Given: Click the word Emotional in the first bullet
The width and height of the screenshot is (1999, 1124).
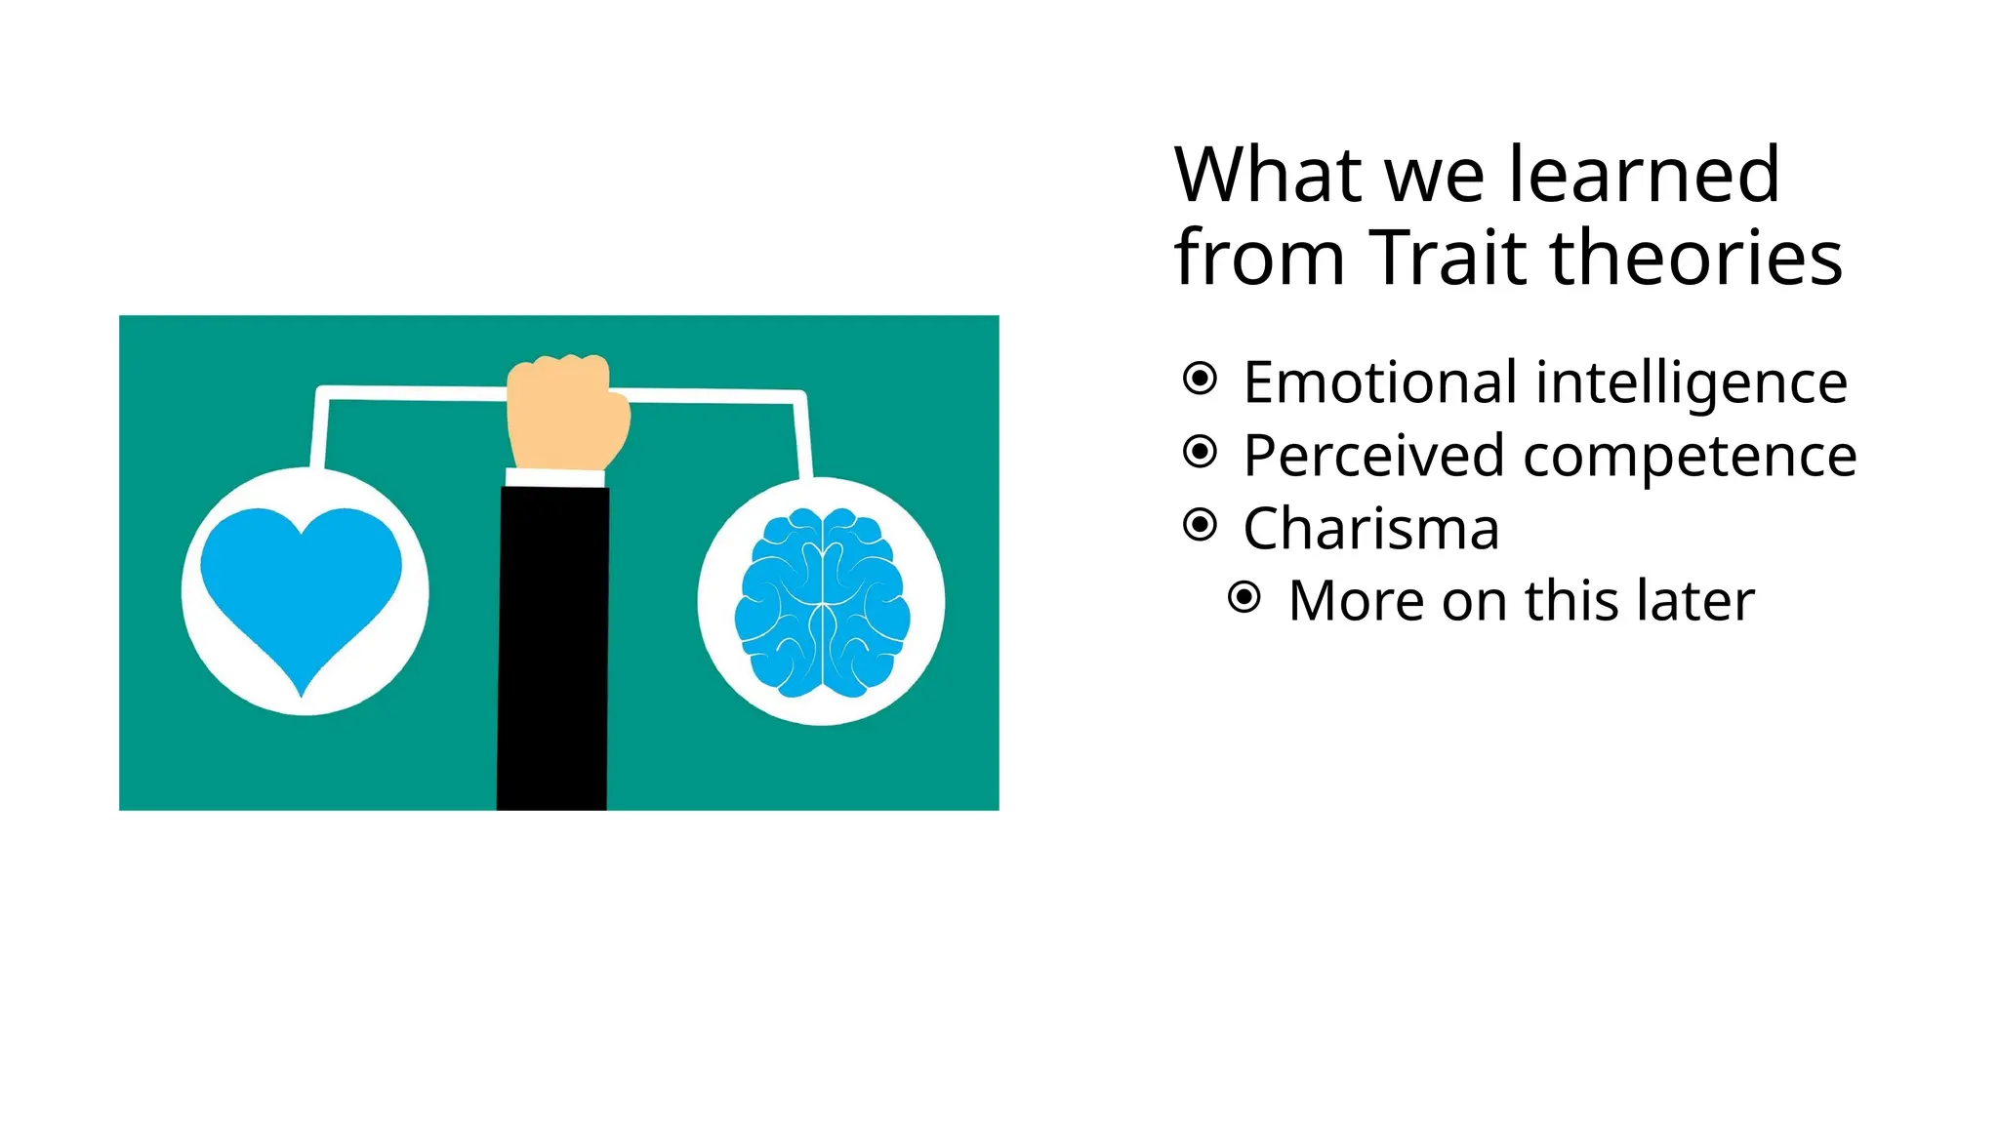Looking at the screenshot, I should [x=1379, y=381].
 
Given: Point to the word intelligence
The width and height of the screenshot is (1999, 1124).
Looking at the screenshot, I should [x=1692, y=383].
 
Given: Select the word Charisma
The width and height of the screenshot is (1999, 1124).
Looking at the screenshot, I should [x=1370, y=529].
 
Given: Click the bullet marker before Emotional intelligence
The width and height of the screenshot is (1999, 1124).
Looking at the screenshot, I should [x=1200, y=379].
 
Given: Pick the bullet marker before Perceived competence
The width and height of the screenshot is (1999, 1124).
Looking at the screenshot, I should [x=1200, y=452].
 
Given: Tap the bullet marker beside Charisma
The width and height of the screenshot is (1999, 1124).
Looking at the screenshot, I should [x=1200, y=525].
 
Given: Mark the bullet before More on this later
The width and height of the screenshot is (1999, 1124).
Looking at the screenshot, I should [x=1244, y=597].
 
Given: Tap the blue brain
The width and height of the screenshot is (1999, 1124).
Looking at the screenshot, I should [x=822, y=603].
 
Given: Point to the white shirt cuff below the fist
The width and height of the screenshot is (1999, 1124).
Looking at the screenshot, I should [x=554, y=477].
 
